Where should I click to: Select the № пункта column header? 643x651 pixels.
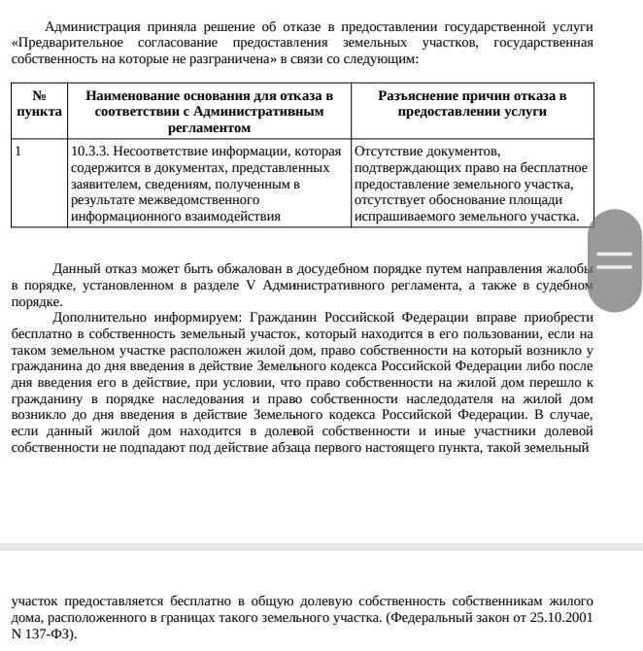(x=39, y=104)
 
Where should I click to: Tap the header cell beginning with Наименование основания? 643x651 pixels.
(x=209, y=112)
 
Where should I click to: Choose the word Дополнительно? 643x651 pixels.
(x=100, y=318)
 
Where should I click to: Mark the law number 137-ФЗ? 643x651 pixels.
(x=45, y=634)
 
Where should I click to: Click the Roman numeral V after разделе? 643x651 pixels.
(x=253, y=286)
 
